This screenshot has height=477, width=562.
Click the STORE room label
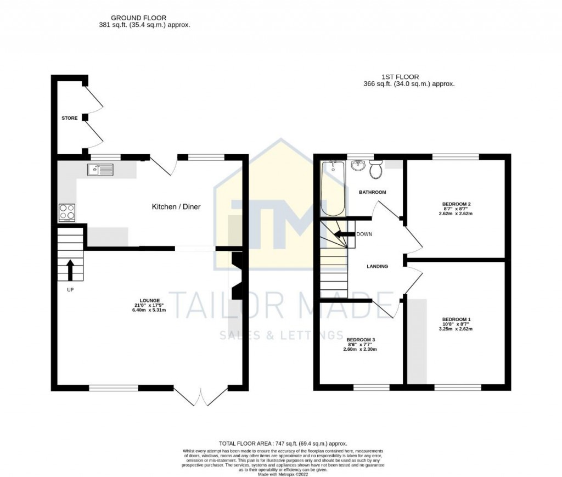click(69, 118)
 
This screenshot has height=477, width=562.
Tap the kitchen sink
click(100, 170)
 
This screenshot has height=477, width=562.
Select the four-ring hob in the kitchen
click(67, 212)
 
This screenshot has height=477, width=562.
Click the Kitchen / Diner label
click(176, 207)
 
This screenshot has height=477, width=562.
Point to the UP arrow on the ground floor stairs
click(70, 269)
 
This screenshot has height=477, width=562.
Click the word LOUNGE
click(149, 300)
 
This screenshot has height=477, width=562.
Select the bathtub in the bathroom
click(333, 188)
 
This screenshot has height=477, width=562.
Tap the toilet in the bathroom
click(376, 170)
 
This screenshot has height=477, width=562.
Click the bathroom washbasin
click(358, 165)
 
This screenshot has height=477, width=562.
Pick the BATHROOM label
click(373, 193)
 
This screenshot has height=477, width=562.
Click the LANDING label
click(377, 266)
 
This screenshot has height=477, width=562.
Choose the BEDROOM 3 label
click(361, 339)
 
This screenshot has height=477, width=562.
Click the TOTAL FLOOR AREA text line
click(283, 443)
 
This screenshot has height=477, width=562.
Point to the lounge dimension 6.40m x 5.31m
click(149, 310)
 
